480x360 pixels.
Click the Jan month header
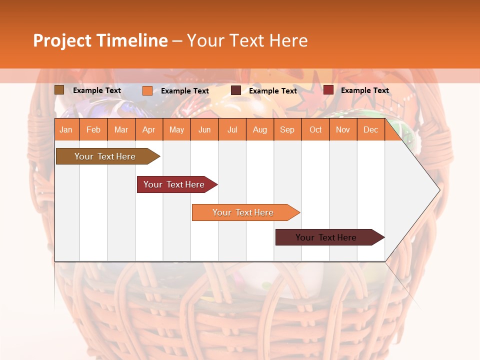click(66, 130)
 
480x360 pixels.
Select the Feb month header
click(93, 130)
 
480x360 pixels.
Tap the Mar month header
click(121, 130)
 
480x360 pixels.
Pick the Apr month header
click(148, 130)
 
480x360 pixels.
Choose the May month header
click(176, 130)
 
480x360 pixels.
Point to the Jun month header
click(204, 130)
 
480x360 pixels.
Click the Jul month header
click(232, 130)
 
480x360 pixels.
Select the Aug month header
click(259, 130)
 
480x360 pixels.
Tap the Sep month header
click(287, 130)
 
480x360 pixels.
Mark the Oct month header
click(315, 130)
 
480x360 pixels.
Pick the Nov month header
click(343, 130)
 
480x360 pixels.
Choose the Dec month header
click(370, 130)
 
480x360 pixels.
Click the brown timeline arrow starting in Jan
click(105, 156)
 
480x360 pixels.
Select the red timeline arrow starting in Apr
click(174, 184)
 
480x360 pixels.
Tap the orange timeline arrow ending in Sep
click(243, 212)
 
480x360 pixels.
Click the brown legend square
click(59, 90)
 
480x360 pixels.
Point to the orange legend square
click(147, 90)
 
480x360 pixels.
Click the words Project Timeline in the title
click(100, 40)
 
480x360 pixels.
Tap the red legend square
click(328, 90)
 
